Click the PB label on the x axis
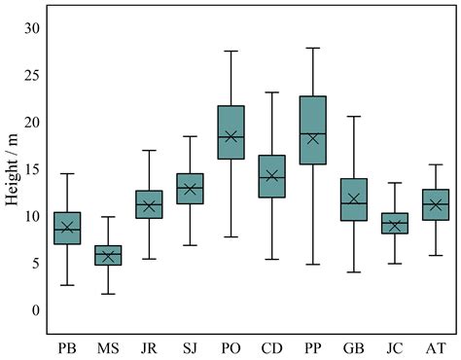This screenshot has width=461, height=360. tap(66, 345)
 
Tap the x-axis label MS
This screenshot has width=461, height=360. tap(107, 345)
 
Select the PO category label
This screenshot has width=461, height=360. tap(230, 345)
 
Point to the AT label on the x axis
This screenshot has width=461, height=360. tap(436, 345)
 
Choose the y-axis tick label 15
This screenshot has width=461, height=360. tap(34, 168)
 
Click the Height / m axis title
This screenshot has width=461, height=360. tap(14, 168)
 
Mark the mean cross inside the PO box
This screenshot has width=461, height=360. tap(230, 137)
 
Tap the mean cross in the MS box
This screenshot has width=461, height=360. tap(107, 256)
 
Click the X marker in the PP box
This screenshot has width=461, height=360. tap(313, 138)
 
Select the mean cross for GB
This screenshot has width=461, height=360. tap(354, 199)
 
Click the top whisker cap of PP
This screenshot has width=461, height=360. tap(313, 48)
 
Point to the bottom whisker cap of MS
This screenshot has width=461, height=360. tap(107, 294)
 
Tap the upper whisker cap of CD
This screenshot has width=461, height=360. tap(271, 92)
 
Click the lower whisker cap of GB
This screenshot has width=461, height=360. tap(354, 272)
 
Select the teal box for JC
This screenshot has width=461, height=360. tap(395, 224)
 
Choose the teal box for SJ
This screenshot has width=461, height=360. tap(190, 188)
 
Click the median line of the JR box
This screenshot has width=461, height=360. tap(149, 205)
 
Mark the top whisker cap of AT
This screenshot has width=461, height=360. tap(436, 164)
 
